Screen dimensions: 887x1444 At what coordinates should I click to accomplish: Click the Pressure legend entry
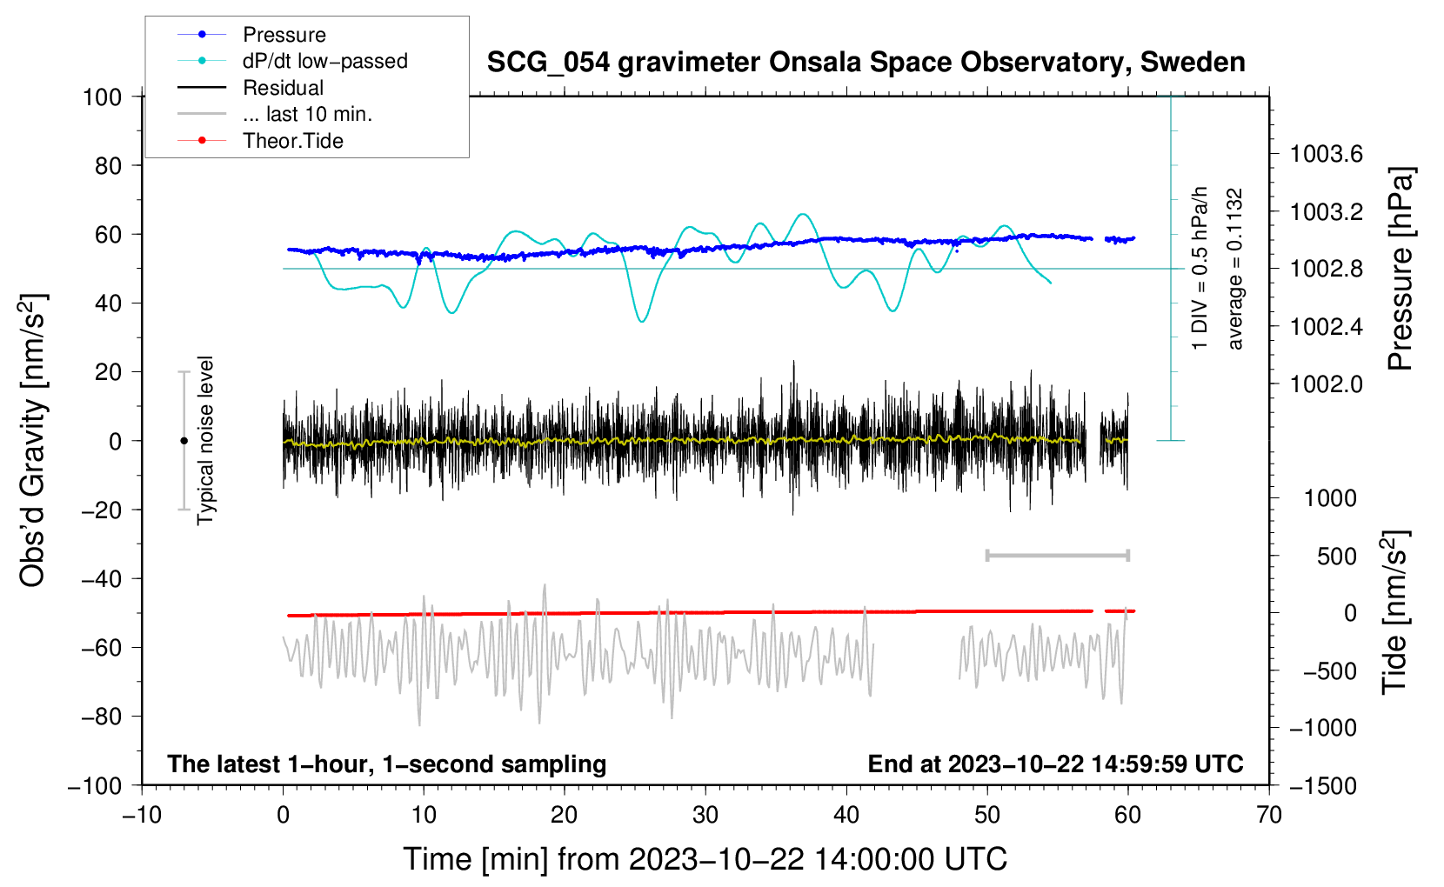pos(284,35)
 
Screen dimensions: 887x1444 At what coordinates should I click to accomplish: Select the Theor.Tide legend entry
pos(292,141)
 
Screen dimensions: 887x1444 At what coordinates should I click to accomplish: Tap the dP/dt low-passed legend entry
pos(324,61)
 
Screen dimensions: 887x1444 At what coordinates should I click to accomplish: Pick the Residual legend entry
pos(283,88)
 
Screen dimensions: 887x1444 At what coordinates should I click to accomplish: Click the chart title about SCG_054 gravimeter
pos(866,63)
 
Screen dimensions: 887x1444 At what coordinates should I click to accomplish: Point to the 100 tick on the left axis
pos(102,97)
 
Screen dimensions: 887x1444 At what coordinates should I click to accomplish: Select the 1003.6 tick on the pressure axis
pos(1326,155)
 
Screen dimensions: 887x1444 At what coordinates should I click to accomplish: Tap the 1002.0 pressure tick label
pos(1326,384)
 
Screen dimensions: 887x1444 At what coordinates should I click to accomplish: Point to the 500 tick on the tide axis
pos(1337,557)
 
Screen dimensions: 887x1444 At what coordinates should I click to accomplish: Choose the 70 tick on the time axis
pos(1269,815)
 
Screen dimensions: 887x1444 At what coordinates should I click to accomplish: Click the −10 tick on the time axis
pos(142,815)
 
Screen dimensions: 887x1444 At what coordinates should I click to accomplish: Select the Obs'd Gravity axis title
pos(33,440)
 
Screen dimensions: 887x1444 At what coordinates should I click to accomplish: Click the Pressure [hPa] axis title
pos(1401,269)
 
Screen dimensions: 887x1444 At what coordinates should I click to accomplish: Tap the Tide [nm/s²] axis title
pos(1395,612)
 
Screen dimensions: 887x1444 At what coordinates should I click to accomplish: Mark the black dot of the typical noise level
pos(184,441)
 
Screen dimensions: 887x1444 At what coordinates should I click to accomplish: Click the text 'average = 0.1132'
pos(1235,269)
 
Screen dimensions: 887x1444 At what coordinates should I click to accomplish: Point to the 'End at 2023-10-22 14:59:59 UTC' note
pos(1055,764)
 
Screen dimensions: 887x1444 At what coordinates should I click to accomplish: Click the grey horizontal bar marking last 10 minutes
pos(1057,556)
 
